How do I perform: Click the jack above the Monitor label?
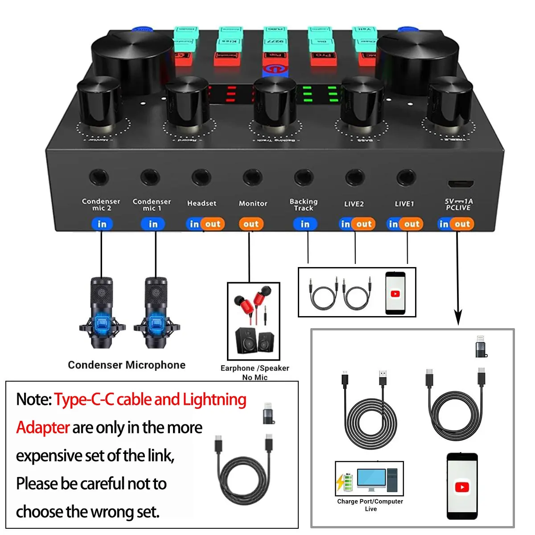click(x=252, y=178)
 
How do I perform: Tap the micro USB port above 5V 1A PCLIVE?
click(x=461, y=184)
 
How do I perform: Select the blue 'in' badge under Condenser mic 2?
click(x=102, y=224)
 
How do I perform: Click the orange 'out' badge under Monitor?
click(x=251, y=224)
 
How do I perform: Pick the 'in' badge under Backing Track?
click(x=305, y=224)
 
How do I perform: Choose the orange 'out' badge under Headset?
click(x=213, y=224)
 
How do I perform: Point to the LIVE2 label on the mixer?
click(x=354, y=204)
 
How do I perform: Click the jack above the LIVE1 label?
click(x=406, y=178)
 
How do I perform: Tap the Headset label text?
click(x=202, y=203)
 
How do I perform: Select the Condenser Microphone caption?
click(x=127, y=365)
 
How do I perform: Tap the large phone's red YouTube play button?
click(x=462, y=487)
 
